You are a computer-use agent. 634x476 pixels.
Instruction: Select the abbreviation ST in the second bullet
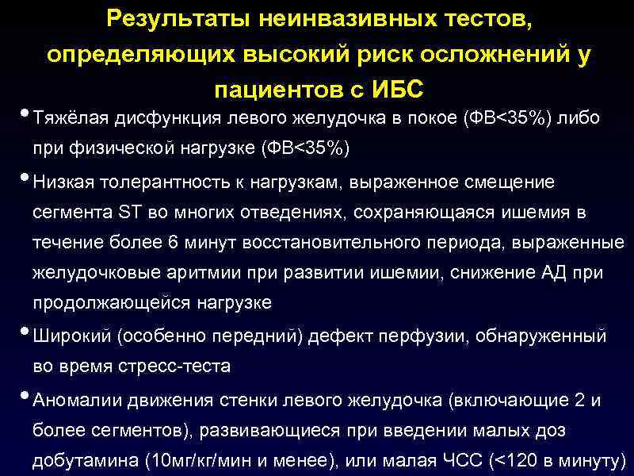pos(128,213)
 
